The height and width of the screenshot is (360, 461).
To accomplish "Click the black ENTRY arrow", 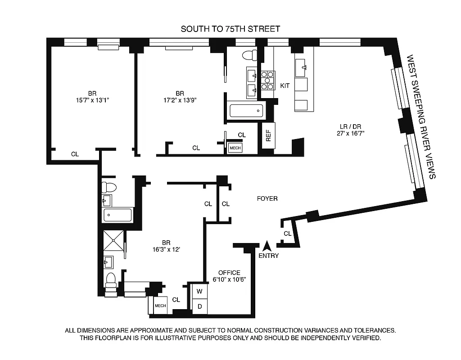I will point(267,246).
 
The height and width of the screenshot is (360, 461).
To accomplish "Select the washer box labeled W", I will point(199,291).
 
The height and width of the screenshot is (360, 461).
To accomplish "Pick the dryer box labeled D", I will point(199,306).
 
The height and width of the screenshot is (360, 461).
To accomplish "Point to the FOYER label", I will point(267,198).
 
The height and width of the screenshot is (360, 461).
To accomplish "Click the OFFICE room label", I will point(229,273).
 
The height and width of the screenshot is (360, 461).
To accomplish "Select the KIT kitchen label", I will point(285,85).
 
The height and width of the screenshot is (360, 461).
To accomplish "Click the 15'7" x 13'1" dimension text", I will point(93,100).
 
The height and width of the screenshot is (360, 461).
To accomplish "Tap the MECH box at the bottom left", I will point(160,306).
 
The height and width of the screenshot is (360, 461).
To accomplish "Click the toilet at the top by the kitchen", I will point(249,55).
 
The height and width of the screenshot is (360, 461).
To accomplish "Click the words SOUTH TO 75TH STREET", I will point(230,29).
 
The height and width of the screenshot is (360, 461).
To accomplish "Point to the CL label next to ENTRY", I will point(287,234).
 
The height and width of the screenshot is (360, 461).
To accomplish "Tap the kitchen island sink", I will point(301,69).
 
